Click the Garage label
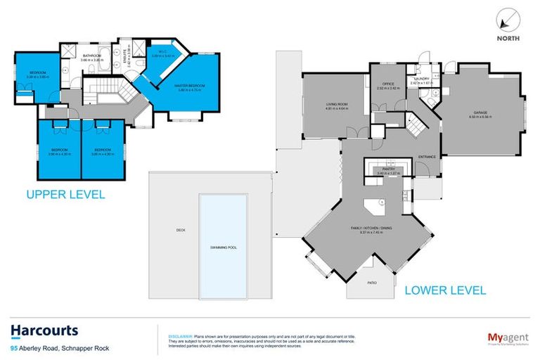tap(480, 115)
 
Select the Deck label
tap(178, 229)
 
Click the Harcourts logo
tap(44, 330)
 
